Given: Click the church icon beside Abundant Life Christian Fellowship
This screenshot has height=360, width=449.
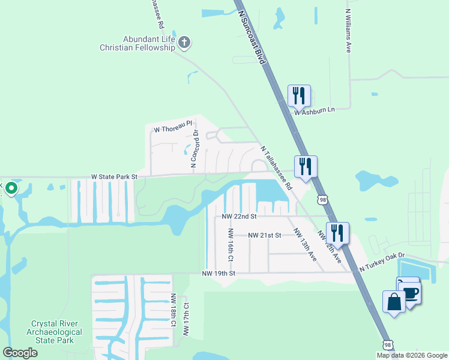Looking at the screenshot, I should coord(184,43).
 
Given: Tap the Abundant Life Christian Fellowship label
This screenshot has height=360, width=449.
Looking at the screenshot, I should coord(137,43).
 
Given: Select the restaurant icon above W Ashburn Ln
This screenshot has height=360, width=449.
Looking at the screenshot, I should coord(299,95).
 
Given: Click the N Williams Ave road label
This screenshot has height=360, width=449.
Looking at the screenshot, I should coord(348,31).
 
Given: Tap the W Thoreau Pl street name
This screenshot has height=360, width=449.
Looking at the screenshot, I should coord(173,129).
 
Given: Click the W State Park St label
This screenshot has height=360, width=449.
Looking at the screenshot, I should coord(115,177).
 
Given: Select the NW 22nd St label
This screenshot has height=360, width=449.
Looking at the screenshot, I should coord(239,216).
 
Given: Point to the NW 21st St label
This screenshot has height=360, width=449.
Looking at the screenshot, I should coord(265,235).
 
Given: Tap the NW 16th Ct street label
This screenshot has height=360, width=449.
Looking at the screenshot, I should coord(230,244).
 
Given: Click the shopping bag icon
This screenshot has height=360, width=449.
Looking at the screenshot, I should coord(394,302).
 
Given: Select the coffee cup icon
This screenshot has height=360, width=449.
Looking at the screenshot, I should coord(410,293).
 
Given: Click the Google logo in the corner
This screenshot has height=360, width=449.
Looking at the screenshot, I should coord(20,353).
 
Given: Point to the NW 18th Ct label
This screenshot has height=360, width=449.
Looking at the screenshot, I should coord(173,310).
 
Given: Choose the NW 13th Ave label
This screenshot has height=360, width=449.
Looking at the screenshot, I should coord(305,244).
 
